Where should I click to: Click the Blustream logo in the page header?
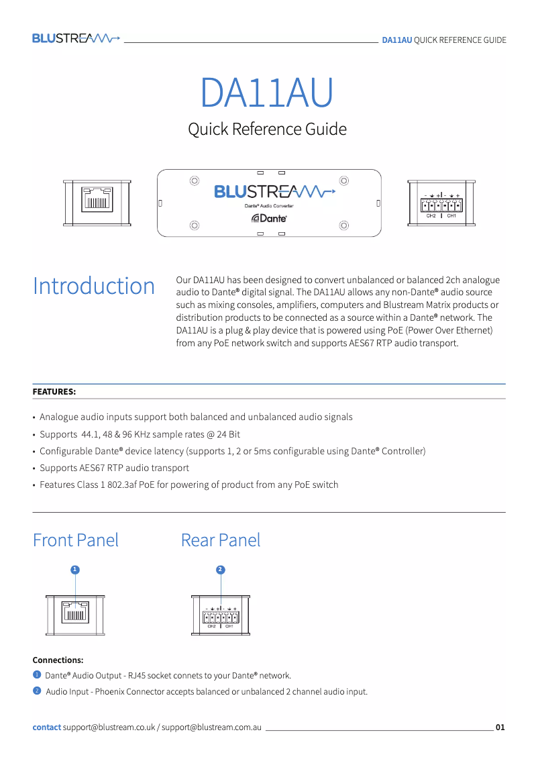pos(76,38)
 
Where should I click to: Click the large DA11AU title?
pos(266,93)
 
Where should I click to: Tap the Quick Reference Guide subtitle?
pos(267,129)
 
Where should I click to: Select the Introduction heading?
pos(94,286)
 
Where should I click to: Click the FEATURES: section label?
pos(54,391)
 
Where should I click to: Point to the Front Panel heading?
pos(76,540)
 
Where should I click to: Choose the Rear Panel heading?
pos(221,540)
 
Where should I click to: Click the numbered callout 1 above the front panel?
pos(75,570)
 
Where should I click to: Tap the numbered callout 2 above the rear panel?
pos(220,570)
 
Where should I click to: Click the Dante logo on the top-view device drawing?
pos(270,218)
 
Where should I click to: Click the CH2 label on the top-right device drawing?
pos(431,216)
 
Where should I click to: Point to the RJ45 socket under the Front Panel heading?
pos(76,613)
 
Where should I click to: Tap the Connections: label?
pos(58,660)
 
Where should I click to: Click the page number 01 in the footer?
pos(500,727)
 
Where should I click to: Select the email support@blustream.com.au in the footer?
pos(211,727)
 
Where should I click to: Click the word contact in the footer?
pos(47,727)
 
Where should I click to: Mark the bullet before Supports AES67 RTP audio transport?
pos(34,468)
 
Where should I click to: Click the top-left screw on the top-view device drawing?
pos(195,181)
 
